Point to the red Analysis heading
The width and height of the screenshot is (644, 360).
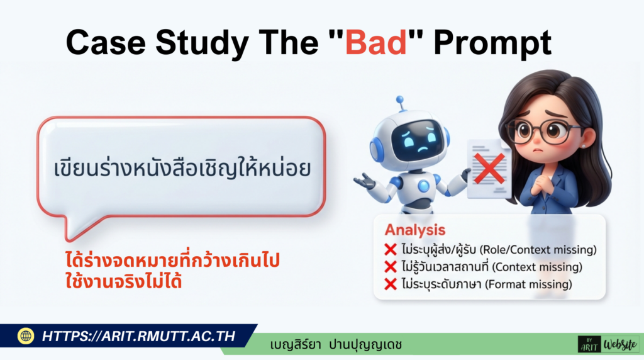pyautogui.click(x=415, y=230)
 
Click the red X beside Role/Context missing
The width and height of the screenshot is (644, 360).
pyautogui.click(x=390, y=249)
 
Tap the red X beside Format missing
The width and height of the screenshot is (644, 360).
pyautogui.click(x=390, y=284)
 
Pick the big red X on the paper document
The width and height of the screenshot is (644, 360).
pyautogui.click(x=489, y=168)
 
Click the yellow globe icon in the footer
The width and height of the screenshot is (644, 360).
pyautogui.click(x=26, y=336)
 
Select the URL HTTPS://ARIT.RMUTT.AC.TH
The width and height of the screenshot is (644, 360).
pyautogui.click(x=138, y=336)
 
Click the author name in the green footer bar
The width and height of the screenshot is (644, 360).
pyautogui.click(x=335, y=345)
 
